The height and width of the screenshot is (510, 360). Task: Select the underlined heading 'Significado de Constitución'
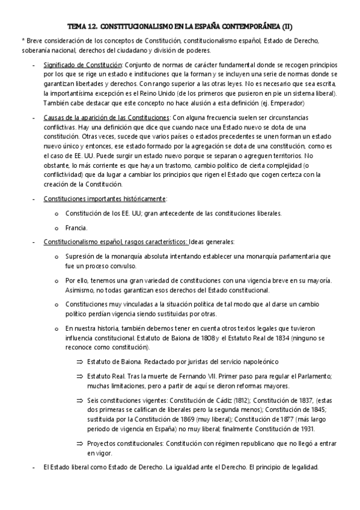pos(82,64)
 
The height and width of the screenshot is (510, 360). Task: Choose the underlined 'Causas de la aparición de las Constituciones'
pos(106,118)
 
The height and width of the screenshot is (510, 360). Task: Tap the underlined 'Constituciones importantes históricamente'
pos(105,198)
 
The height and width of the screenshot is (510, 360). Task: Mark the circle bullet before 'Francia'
pos(56,228)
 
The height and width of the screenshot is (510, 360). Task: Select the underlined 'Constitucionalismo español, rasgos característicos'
pos(115,242)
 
